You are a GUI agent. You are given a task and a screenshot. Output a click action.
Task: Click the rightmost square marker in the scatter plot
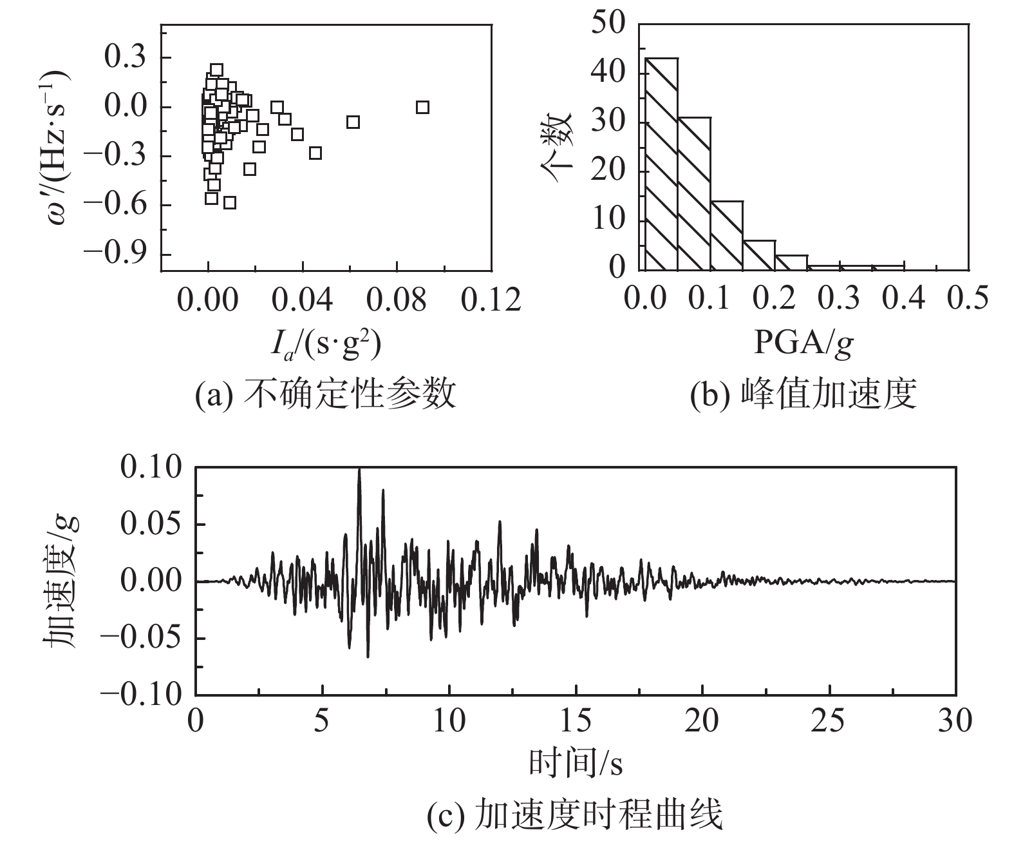click(422, 107)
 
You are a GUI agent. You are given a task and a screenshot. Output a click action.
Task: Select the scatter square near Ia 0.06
click(353, 122)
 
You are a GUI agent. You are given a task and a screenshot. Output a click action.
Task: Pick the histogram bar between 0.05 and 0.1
click(695, 193)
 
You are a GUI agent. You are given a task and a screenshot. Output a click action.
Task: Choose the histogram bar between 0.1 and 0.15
click(727, 235)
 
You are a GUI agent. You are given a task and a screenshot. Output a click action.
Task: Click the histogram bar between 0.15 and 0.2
click(759, 255)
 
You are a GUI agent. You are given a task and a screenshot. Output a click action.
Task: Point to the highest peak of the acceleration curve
click(359, 470)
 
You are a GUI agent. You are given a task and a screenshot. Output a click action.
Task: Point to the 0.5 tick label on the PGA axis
click(968, 299)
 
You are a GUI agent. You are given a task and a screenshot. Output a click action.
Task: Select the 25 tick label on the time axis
click(828, 720)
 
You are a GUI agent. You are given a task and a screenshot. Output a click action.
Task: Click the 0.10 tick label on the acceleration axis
click(152, 468)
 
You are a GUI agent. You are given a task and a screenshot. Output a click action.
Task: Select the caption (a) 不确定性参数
click(325, 394)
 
